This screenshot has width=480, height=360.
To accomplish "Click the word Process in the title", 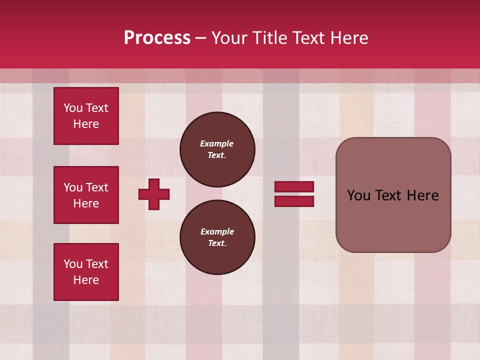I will (157, 38).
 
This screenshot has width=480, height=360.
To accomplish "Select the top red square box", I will (86, 116).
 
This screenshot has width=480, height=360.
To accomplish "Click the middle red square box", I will (86, 195).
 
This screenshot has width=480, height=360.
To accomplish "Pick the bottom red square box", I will (86, 272).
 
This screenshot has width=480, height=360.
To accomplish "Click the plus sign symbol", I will (154, 194).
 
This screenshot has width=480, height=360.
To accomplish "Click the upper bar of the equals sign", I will (294, 187).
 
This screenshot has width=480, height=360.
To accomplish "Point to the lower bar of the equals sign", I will (294, 201).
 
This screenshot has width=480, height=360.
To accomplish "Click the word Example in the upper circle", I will (217, 143).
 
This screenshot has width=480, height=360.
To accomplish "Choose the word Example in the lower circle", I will (217, 231).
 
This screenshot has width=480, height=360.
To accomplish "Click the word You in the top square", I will (73, 108).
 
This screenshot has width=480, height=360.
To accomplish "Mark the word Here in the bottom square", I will (86, 280).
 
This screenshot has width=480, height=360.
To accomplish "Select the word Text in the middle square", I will (97, 187).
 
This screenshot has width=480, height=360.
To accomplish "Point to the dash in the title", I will (201, 38).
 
